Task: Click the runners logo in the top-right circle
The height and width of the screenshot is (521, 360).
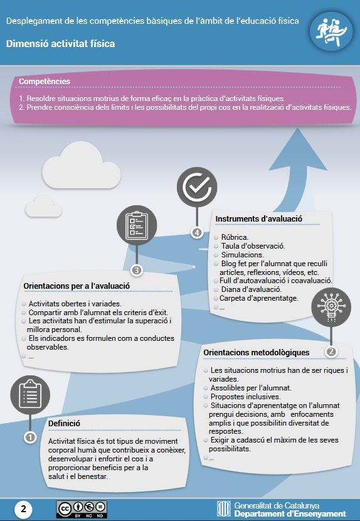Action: click(331, 31)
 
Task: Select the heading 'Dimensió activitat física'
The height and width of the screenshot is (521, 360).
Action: click(60, 43)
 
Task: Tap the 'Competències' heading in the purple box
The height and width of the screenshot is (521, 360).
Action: click(45, 81)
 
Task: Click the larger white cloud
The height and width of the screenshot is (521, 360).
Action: click(82, 165)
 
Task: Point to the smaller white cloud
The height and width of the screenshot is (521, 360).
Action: click(43, 207)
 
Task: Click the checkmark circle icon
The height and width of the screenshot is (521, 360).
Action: click(197, 187)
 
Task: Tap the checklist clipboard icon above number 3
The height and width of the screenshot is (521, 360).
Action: click(137, 225)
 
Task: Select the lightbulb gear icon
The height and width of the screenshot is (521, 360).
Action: click(331, 307)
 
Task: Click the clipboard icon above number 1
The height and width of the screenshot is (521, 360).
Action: click(30, 395)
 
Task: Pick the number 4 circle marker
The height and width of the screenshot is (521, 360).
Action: click(197, 233)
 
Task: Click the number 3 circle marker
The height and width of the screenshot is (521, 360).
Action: click(137, 271)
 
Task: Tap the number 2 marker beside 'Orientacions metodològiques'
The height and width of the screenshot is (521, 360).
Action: click(331, 352)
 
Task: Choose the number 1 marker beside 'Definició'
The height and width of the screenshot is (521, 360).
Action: click(30, 438)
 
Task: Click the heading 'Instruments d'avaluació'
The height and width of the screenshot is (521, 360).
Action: click(258, 219)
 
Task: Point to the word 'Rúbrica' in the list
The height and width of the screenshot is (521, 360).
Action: click(235, 237)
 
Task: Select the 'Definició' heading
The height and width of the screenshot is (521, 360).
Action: click(64, 424)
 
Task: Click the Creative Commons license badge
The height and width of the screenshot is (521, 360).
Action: click(82, 509)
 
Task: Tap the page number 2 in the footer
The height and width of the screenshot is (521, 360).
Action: click(24, 509)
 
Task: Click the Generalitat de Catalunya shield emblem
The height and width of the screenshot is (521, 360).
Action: click(224, 509)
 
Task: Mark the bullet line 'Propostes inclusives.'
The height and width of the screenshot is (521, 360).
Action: click(245, 397)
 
